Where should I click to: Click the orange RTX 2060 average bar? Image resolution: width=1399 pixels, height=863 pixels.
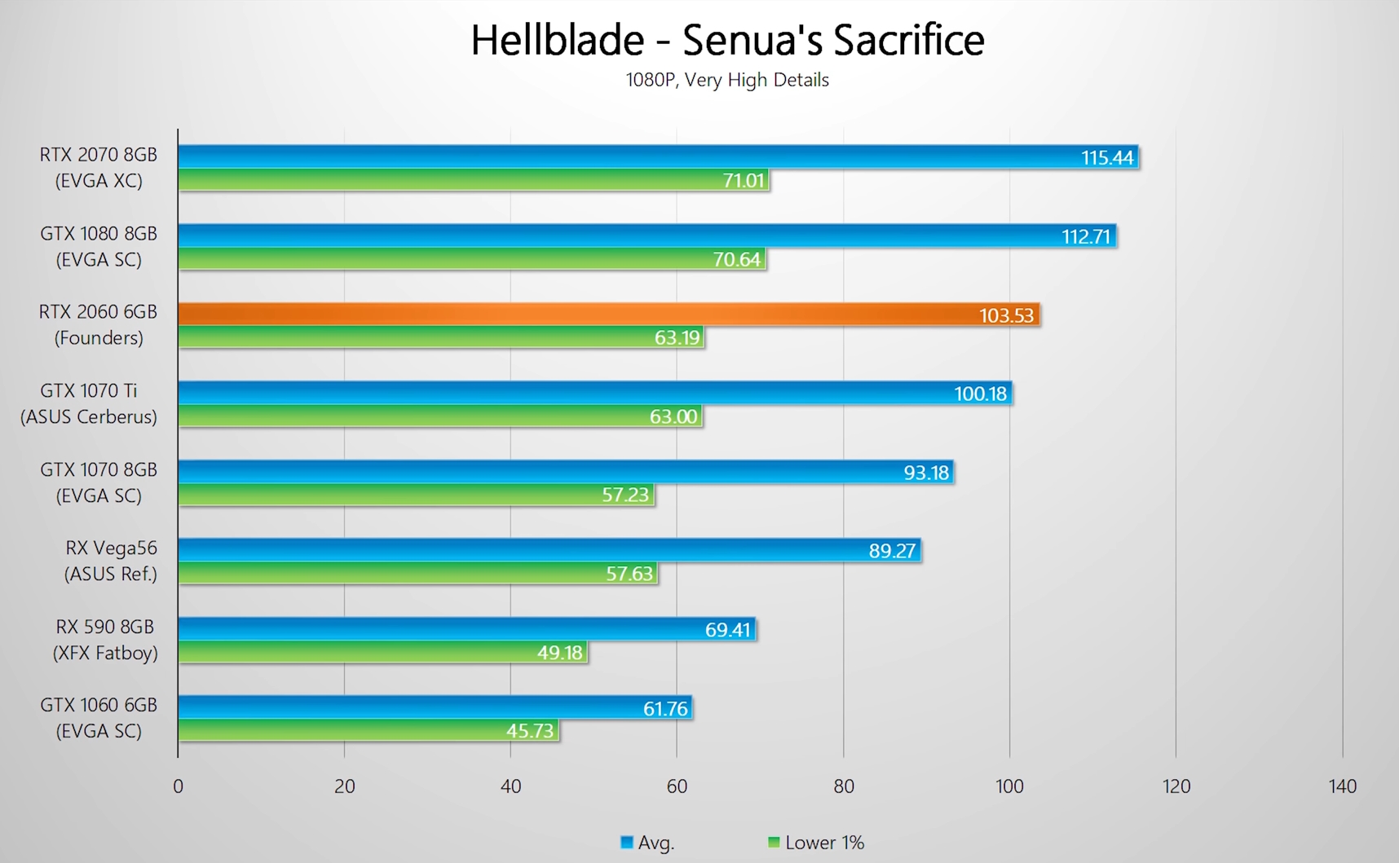coord(571,315)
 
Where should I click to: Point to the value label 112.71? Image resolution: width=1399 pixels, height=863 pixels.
coord(1085,236)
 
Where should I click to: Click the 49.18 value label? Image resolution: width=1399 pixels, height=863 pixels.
coord(559,652)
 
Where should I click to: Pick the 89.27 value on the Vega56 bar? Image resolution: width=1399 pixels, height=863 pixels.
coord(892,551)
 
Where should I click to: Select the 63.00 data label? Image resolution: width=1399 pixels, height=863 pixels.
coord(673,416)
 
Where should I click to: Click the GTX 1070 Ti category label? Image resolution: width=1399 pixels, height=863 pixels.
coord(89,403)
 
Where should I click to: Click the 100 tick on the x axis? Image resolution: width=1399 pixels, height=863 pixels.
coord(1009,786)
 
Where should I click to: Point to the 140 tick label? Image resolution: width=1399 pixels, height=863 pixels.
coord(1342,786)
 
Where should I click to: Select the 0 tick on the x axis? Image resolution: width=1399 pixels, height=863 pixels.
coord(178,786)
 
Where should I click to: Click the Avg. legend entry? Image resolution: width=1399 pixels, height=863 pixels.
coord(648,843)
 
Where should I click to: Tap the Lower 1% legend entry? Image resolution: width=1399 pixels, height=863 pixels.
coord(817,843)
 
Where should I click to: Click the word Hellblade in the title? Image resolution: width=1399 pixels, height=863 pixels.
coord(558,40)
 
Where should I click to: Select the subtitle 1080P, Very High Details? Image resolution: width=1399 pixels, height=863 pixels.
coord(727,80)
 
